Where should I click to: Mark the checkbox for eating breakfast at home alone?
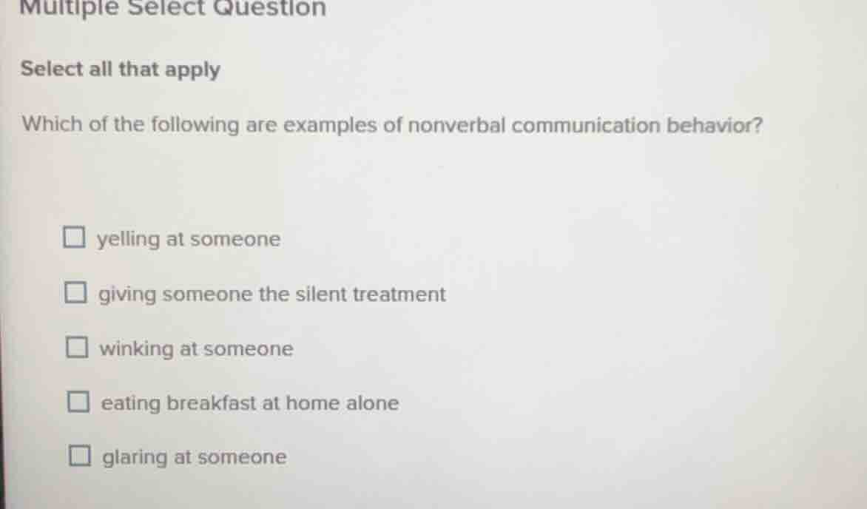[78, 403]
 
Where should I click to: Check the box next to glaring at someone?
[79, 457]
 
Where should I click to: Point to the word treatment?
[399, 294]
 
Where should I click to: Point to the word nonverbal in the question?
[456, 125]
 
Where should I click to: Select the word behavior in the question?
[715, 125]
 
